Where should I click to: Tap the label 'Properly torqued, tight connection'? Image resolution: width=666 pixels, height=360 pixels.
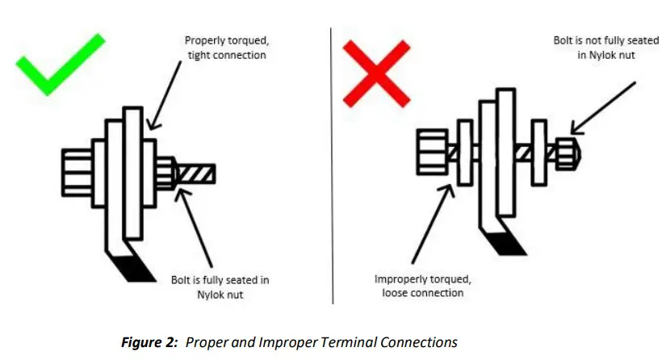pyautogui.click(x=225, y=47)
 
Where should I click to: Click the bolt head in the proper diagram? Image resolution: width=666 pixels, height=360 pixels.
pyautogui.click(x=76, y=174)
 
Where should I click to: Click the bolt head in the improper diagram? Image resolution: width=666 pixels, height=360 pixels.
pyautogui.click(x=430, y=154)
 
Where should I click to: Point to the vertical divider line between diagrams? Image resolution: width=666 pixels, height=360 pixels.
pyautogui.click(x=332, y=161)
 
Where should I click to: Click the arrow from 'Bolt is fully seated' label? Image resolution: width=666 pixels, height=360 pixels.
pyautogui.click(x=198, y=226)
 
